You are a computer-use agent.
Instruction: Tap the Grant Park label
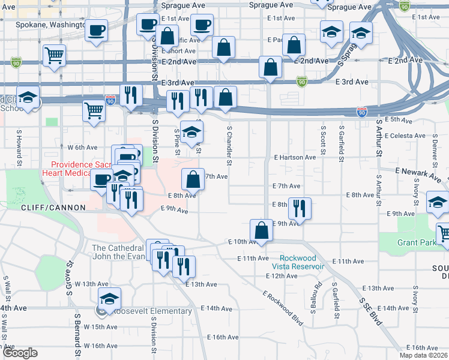click(x=417, y=243)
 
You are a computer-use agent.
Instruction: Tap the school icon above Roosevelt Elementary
click(x=110, y=298)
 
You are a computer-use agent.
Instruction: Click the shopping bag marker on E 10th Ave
click(x=261, y=230)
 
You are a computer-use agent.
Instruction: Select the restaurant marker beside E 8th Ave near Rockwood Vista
click(x=300, y=208)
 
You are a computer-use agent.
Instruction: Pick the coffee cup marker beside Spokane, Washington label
click(x=95, y=30)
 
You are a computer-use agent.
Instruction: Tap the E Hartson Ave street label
click(x=295, y=157)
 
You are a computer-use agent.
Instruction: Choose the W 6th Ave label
click(x=82, y=147)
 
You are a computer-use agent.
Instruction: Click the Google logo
click(x=20, y=353)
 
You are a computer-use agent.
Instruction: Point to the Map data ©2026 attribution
click(x=426, y=355)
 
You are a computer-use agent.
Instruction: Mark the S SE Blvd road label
click(x=370, y=312)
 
